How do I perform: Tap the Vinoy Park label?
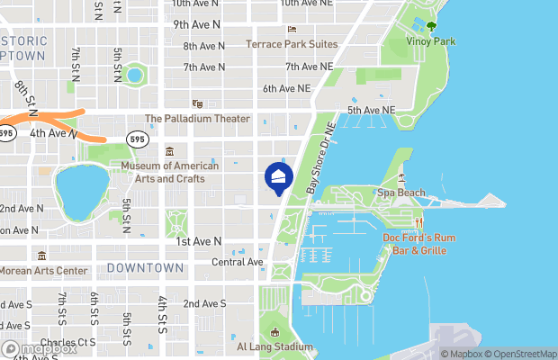tap(431, 41)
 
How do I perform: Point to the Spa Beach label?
tap(400, 193)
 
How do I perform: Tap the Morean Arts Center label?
tap(44, 271)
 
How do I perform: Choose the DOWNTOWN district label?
tap(145, 268)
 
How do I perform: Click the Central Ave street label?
tap(237, 262)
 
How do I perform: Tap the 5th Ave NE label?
tap(372, 110)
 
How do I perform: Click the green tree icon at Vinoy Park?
tap(431, 26)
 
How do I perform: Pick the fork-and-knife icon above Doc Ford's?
tap(418, 223)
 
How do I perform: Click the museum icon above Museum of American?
tap(170, 149)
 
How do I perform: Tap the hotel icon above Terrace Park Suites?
tap(292, 30)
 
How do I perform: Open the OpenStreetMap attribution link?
tap(517, 354)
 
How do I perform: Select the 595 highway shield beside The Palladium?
tap(138, 139)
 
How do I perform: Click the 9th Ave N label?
tap(198, 24)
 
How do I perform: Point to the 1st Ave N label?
tap(199, 241)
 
